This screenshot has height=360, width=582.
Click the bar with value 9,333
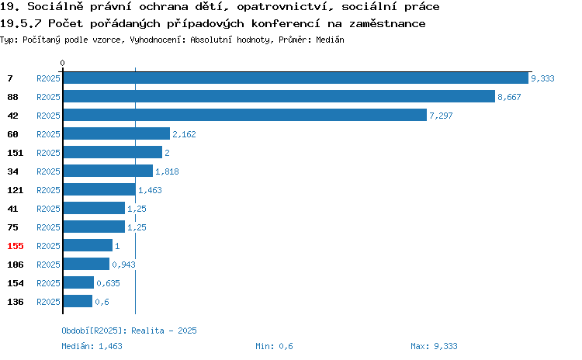[x=296, y=78]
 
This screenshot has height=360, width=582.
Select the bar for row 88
[x=279, y=96]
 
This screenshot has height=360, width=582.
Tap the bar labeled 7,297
[x=245, y=115]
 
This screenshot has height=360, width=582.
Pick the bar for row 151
[x=113, y=152]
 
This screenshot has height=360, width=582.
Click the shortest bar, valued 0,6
[x=78, y=301]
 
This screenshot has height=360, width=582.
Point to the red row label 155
[x=16, y=246]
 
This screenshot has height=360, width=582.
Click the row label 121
[x=16, y=190]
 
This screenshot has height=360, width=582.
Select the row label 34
[x=12, y=171]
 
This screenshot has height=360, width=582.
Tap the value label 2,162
[x=184, y=134]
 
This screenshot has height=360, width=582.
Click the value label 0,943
[x=123, y=265]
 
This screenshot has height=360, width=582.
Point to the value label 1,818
[x=167, y=171]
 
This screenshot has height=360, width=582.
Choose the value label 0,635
[x=108, y=283]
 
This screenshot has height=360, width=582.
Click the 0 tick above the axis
[x=62, y=63]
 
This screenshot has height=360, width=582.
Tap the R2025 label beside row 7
[x=48, y=78]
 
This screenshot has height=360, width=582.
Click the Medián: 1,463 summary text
[x=92, y=346]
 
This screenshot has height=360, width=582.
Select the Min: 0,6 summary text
[x=274, y=346]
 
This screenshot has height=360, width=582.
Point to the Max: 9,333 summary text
[x=434, y=346]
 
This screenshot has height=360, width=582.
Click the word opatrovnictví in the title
[x=282, y=7]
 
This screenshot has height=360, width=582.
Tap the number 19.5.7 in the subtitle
[x=21, y=24]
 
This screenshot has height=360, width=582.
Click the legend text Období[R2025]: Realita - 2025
[x=129, y=331]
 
